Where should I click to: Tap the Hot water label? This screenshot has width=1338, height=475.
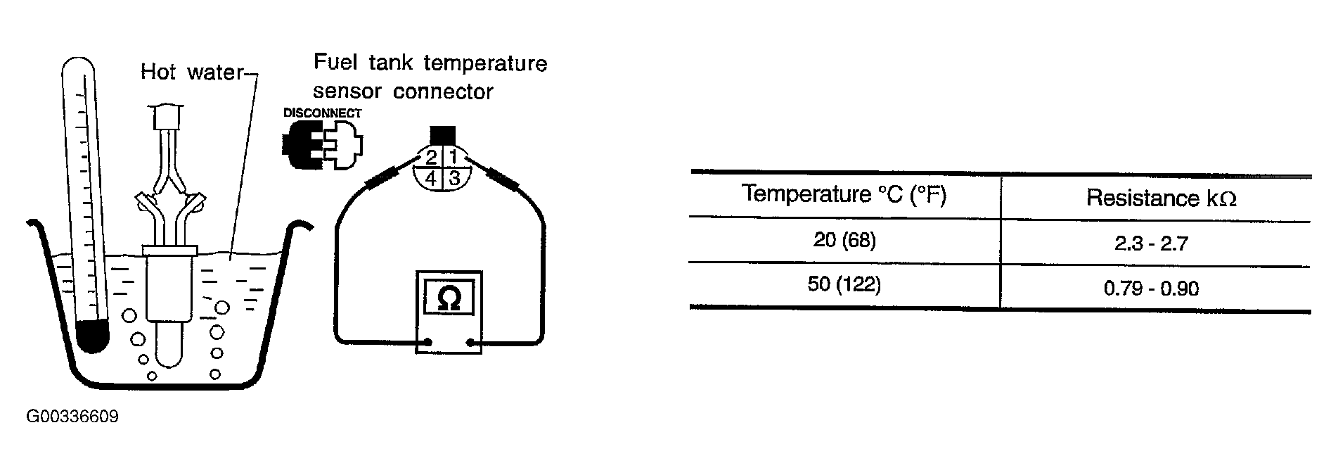191,72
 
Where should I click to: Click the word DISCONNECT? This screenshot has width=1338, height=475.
322,113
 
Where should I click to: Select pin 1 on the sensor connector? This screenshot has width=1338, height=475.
453,156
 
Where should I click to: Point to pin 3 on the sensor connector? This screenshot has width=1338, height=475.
454,178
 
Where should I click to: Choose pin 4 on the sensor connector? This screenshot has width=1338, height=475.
430,179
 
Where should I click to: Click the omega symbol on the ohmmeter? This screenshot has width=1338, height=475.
449,298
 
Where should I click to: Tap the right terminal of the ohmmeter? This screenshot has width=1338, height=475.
470,343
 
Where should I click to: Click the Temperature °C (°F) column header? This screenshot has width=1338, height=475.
844,194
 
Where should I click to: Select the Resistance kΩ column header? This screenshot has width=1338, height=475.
1161,198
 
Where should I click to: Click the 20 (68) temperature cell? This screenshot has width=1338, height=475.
844,241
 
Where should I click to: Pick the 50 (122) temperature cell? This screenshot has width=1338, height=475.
844,285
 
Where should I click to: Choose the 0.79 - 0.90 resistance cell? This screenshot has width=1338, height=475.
1151,288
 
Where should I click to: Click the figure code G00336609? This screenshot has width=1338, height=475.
72,417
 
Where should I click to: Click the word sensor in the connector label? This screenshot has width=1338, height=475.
348,91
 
